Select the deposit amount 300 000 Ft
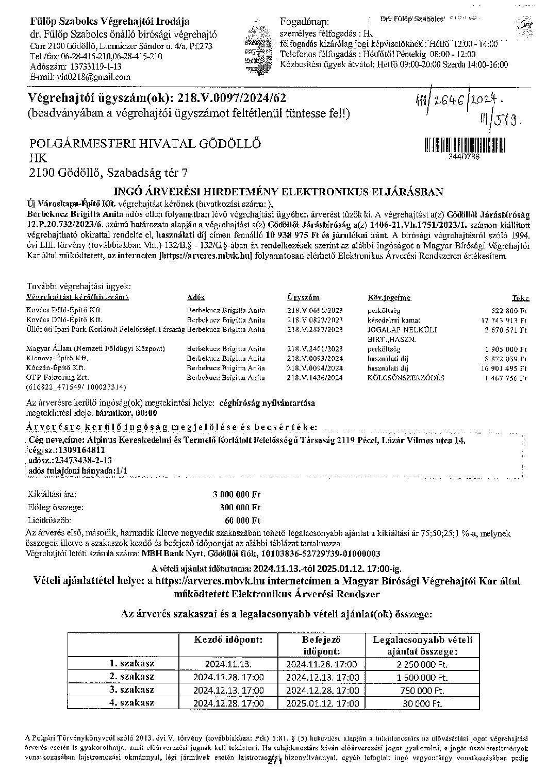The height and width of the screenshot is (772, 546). (x=240, y=507)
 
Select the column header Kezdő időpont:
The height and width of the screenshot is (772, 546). (x=228, y=640)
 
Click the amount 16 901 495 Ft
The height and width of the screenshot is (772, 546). (x=504, y=368)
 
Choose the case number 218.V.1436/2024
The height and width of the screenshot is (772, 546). (x=315, y=378)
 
